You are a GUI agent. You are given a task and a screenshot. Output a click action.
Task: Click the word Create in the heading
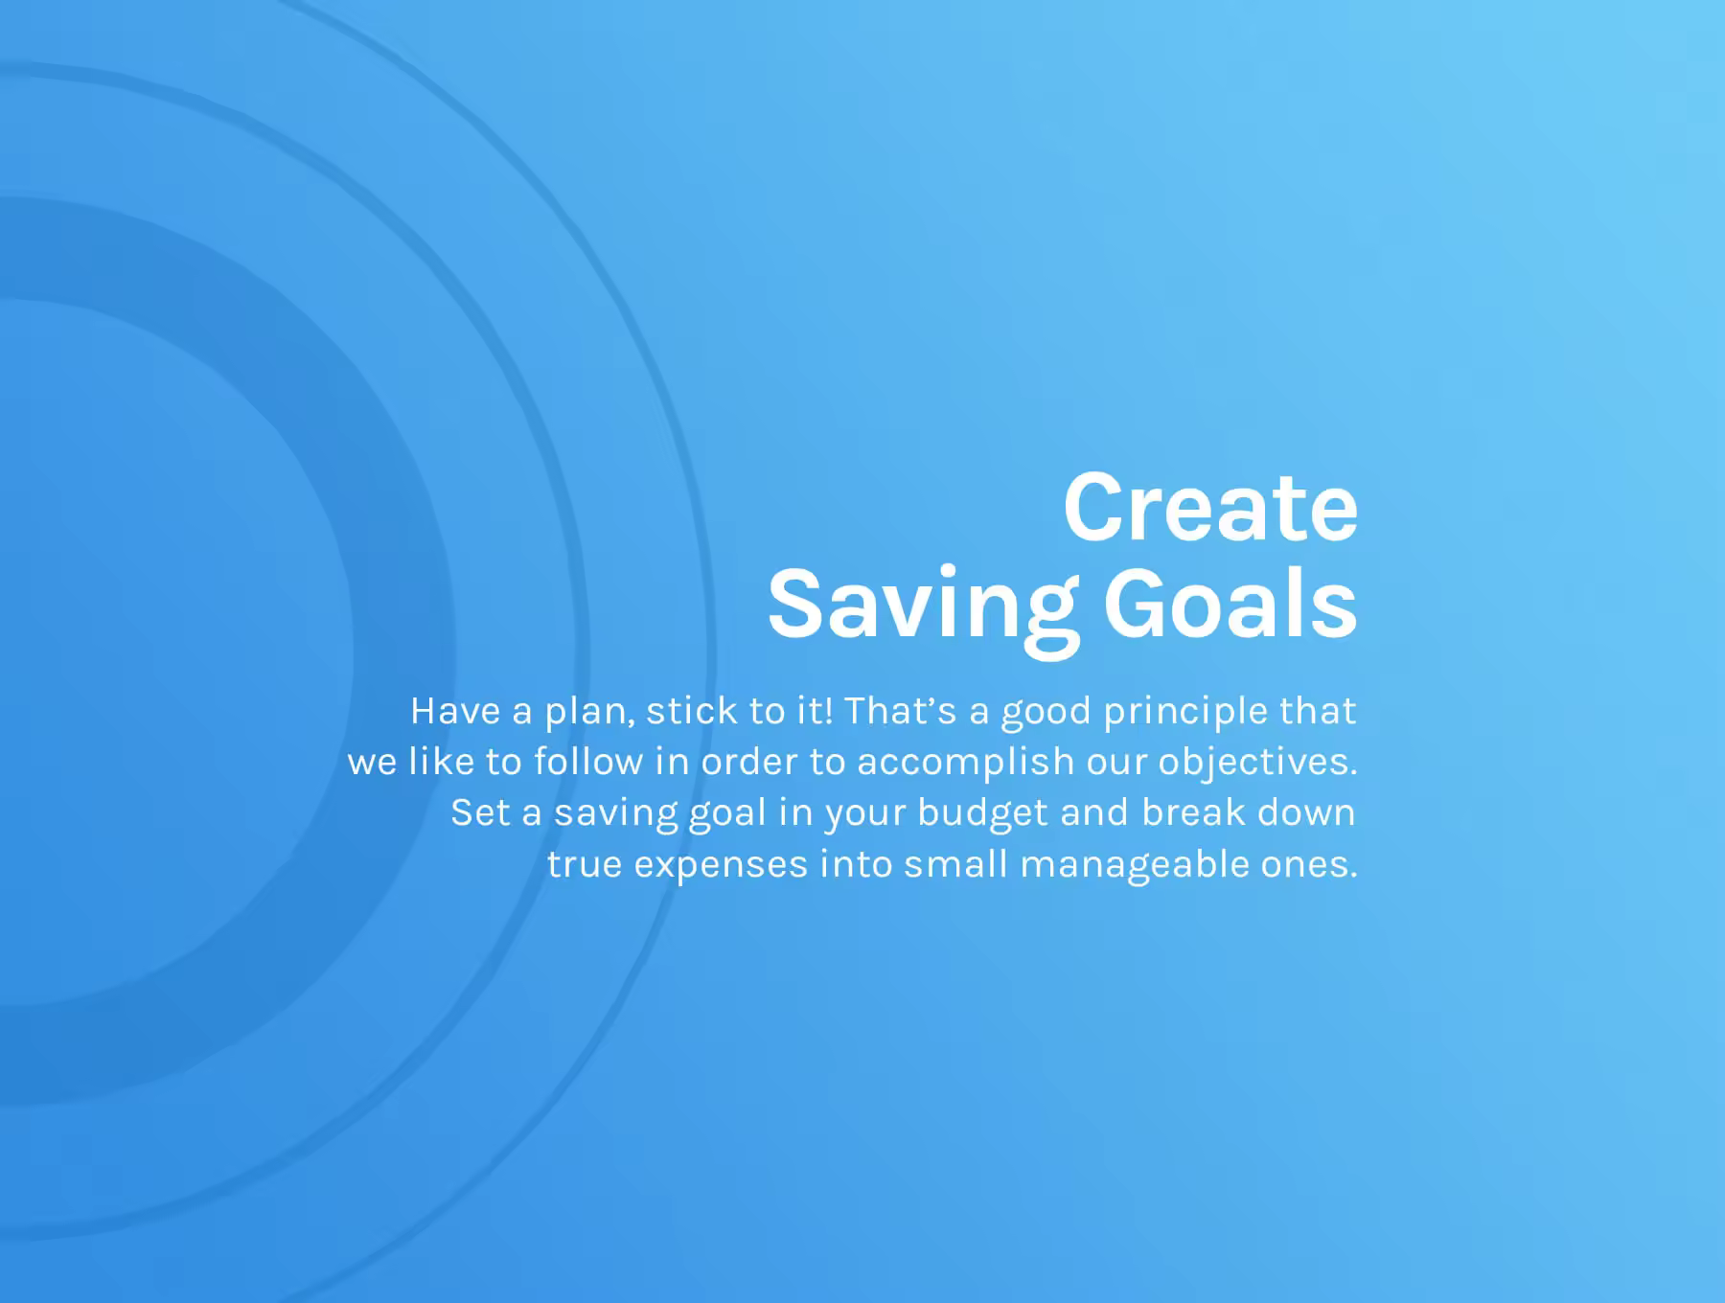(x=1210, y=507)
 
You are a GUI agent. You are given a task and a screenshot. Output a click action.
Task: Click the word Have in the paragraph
(x=455, y=711)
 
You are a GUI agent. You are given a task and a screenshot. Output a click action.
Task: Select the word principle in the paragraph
(x=1185, y=714)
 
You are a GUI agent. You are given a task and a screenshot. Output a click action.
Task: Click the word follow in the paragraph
(x=588, y=762)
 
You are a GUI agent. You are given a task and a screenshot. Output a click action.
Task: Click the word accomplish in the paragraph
(x=966, y=765)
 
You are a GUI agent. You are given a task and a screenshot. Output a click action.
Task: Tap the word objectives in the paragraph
(x=1254, y=765)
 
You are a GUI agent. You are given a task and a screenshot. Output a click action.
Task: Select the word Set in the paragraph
(x=480, y=812)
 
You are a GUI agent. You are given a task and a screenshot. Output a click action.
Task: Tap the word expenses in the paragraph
(x=722, y=867)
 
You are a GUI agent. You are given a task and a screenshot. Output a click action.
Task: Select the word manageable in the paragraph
(x=1135, y=867)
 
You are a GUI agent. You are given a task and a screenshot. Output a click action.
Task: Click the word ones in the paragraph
(x=1304, y=864)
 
